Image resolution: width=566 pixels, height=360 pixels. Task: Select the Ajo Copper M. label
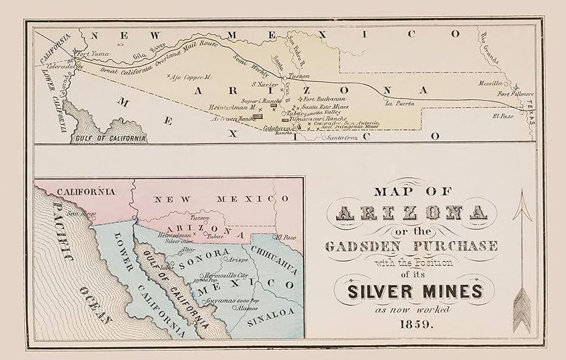[190, 77]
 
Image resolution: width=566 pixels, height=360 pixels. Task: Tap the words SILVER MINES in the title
[414, 291]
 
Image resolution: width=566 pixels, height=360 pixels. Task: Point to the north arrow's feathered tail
[522, 311]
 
